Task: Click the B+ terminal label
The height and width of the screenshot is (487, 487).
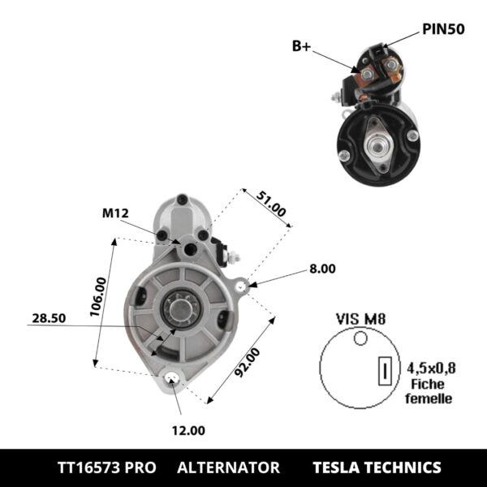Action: tap(301, 46)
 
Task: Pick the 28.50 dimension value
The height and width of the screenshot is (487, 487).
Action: tap(48, 319)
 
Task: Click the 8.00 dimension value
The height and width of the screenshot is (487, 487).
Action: tap(321, 268)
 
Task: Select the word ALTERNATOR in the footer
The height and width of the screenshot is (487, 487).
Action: tap(228, 468)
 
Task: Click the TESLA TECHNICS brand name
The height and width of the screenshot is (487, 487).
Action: tap(377, 468)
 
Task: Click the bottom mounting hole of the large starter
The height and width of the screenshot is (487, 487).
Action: tap(171, 379)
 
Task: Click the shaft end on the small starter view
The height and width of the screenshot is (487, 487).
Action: tap(378, 142)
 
